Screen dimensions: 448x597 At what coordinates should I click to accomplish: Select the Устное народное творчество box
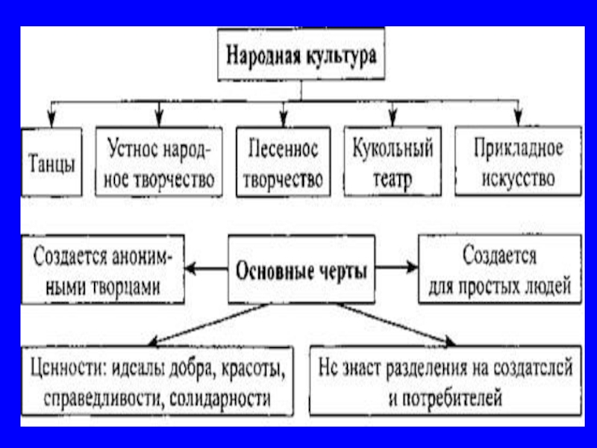[x=159, y=164]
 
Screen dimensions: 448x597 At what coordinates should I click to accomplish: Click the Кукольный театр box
[x=393, y=164]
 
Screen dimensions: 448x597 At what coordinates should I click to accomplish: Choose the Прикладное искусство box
[x=518, y=164]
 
